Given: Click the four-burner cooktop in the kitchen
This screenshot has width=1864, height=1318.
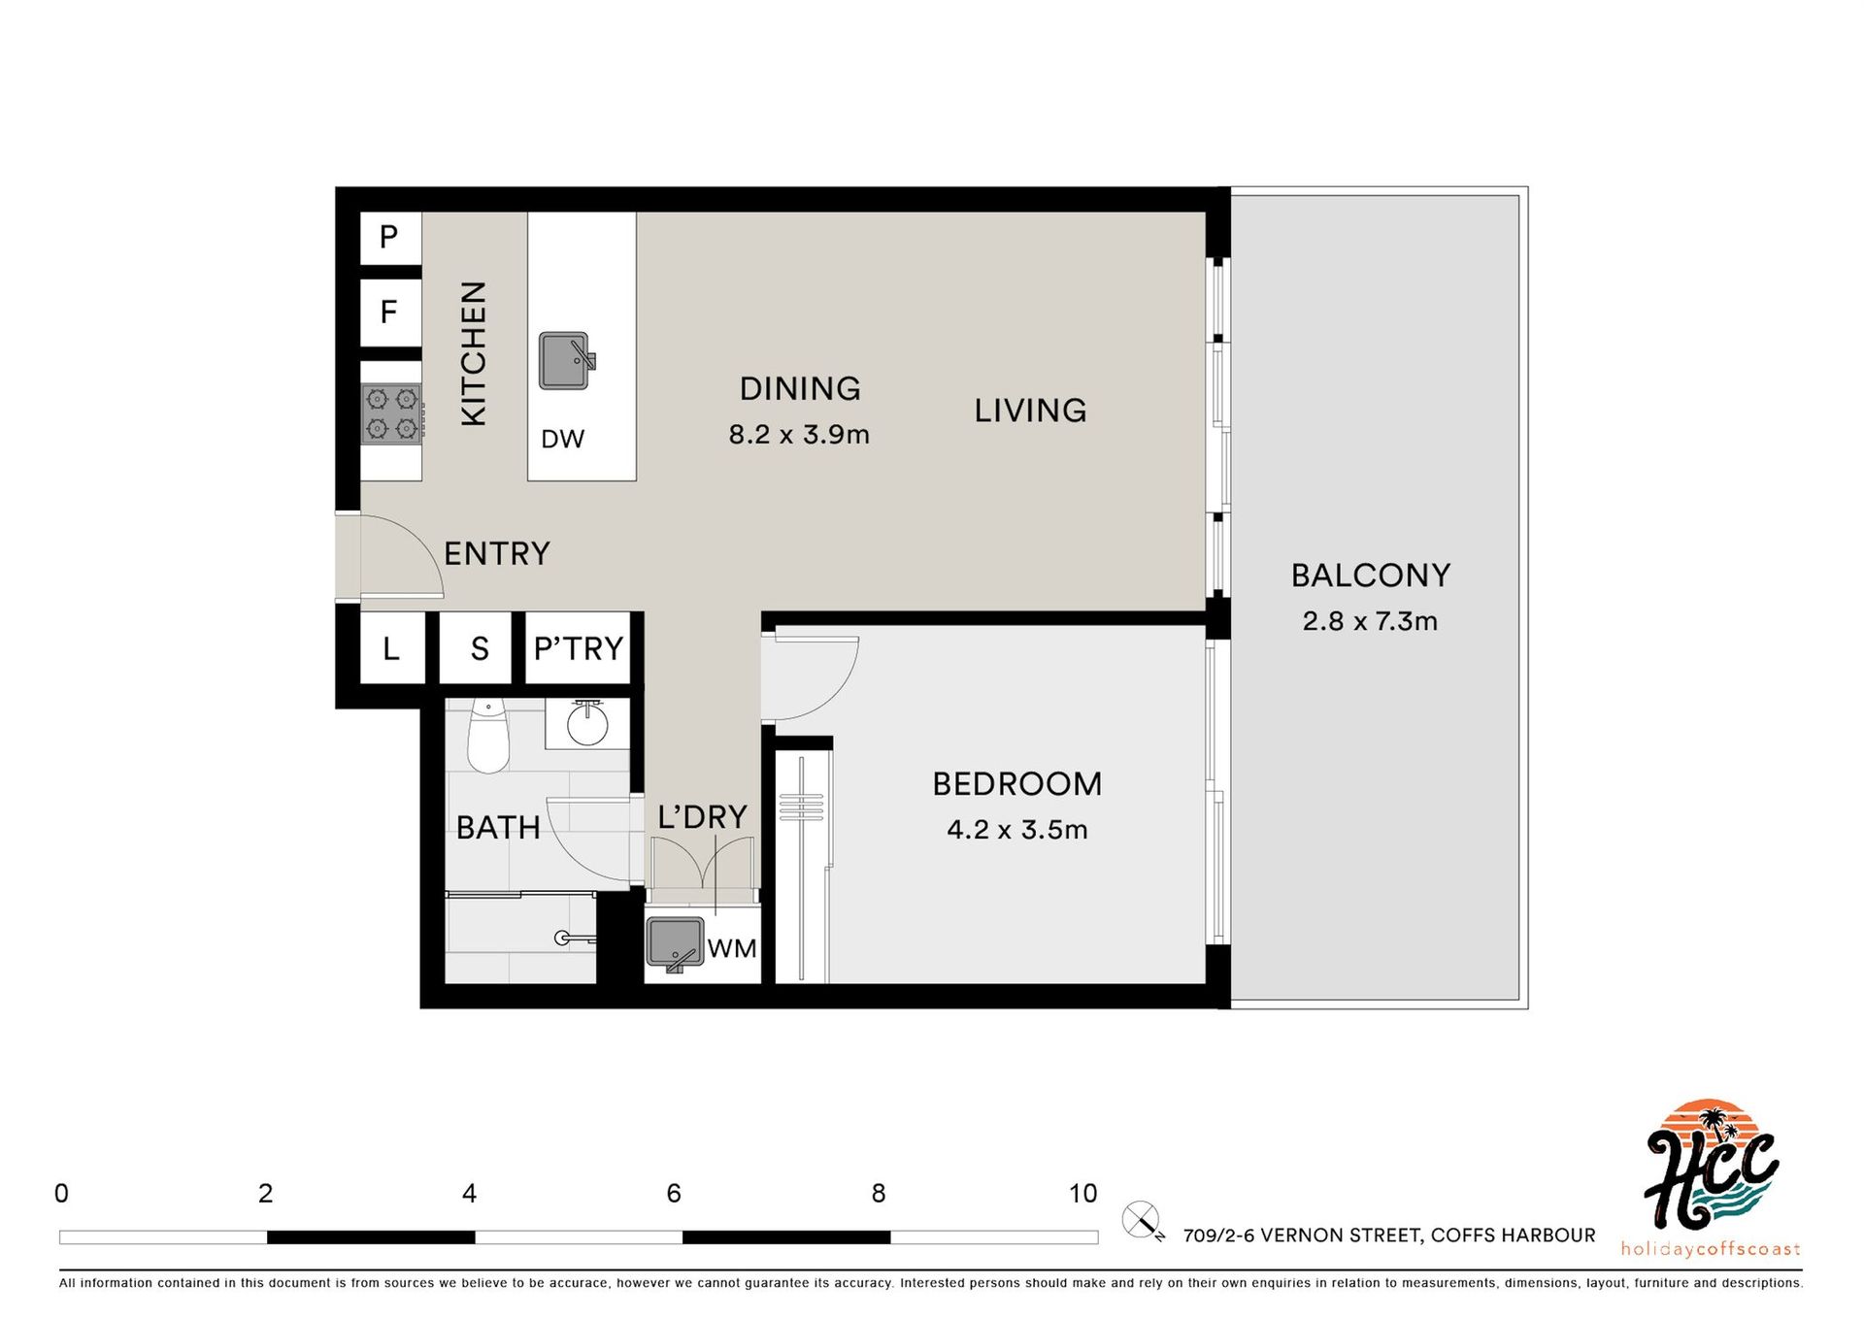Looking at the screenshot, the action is (392, 413).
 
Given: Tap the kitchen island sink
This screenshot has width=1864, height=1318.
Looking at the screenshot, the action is (567, 360).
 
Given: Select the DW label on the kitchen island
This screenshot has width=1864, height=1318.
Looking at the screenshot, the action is (563, 439).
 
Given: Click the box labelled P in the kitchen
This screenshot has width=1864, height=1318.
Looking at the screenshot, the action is (390, 237).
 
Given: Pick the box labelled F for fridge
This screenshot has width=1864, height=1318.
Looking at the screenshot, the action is (390, 312).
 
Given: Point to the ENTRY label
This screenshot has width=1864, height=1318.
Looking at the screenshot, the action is (497, 553).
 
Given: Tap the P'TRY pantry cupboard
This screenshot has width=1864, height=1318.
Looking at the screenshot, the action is (579, 647).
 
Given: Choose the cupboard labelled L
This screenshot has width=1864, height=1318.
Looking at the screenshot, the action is (392, 647).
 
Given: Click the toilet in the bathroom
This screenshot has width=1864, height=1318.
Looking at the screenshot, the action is (487, 737).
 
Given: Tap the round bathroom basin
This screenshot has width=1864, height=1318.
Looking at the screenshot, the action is (586, 724).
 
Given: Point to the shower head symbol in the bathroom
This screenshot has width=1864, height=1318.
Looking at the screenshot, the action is (573, 938).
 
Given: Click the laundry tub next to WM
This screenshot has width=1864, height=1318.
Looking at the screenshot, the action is (675, 943).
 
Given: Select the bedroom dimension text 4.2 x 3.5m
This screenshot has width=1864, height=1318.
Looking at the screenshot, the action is (1016, 830).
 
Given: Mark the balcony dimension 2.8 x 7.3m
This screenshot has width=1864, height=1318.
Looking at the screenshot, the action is (1370, 621).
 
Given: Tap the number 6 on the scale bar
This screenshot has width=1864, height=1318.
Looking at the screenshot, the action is (674, 1194).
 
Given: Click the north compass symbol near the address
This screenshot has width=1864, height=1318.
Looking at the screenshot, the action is (1143, 1221).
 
